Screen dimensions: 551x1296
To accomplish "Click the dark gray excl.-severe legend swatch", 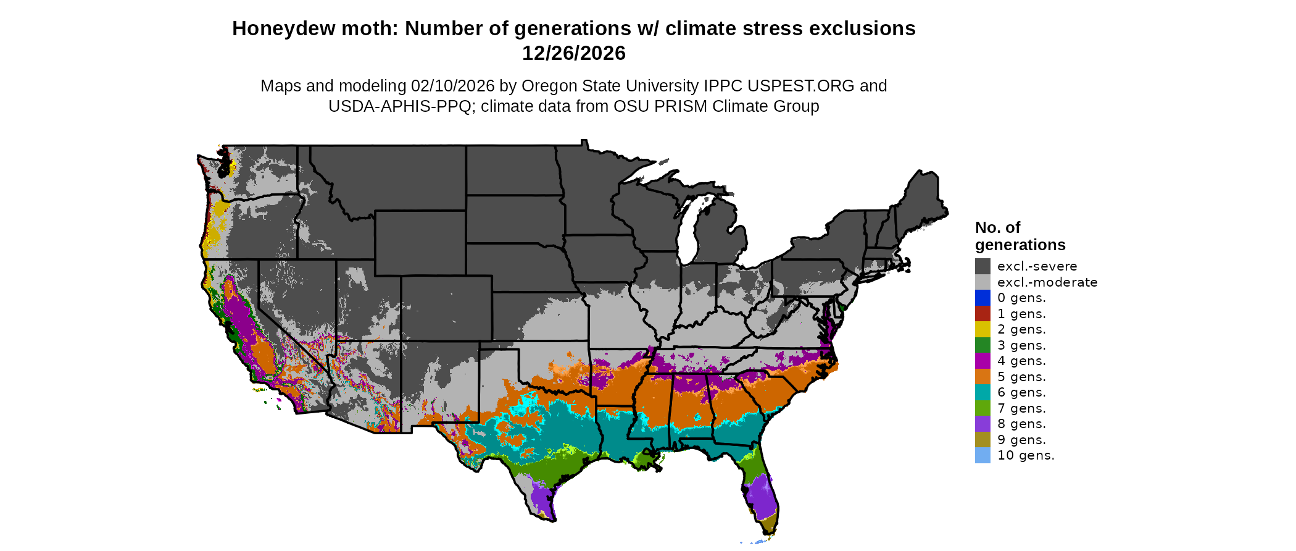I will pyautogui.click(x=982, y=266).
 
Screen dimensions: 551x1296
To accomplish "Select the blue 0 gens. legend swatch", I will pyautogui.click(x=982, y=298).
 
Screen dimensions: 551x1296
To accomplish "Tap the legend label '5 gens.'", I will pyautogui.click(x=1021, y=377).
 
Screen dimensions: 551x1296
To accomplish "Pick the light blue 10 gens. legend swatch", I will pyautogui.click(x=982, y=455).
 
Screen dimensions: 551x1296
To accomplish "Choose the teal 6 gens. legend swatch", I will pyautogui.click(x=982, y=392).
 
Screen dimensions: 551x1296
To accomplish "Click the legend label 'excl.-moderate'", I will pyautogui.click(x=1047, y=282).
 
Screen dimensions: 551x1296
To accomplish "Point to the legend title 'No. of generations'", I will pyautogui.click(x=1020, y=236).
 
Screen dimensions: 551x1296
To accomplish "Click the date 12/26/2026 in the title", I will pyautogui.click(x=573, y=54).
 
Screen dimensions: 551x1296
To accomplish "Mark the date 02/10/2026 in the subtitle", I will pyautogui.click(x=452, y=86).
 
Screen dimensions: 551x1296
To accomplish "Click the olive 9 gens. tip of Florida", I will pyautogui.click(x=768, y=526).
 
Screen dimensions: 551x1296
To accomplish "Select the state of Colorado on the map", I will pyautogui.click(x=446, y=308).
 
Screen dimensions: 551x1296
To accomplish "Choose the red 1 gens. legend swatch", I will pyautogui.click(x=982, y=314).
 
